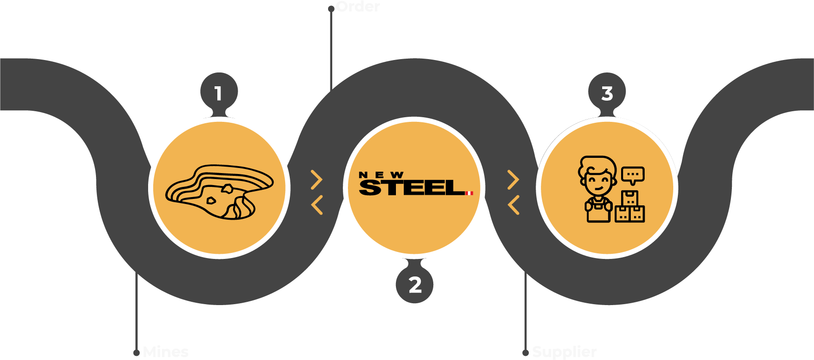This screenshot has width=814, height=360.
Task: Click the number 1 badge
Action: (x=219, y=93)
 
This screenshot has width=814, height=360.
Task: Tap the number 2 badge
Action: (x=414, y=284)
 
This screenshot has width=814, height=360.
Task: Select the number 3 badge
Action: (x=607, y=93)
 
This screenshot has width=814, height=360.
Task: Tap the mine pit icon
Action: (x=219, y=192)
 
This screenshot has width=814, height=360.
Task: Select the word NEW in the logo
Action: (x=381, y=175)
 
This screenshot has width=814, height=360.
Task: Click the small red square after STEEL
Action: (x=470, y=193)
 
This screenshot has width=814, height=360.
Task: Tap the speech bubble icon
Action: (x=633, y=175)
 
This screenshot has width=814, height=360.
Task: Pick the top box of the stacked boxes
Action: (x=629, y=198)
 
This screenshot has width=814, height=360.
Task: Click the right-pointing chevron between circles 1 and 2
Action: (x=317, y=180)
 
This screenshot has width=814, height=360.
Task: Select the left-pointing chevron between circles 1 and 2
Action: (x=317, y=205)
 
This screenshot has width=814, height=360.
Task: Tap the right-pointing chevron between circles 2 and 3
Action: (x=514, y=180)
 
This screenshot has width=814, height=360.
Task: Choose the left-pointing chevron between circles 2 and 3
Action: (x=514, y=205)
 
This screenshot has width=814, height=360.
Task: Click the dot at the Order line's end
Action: (x=331, y=9)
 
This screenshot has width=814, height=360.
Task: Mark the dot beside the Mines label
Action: (x=137, y=353)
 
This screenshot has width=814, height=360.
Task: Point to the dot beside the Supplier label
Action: (x=526, y=353)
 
